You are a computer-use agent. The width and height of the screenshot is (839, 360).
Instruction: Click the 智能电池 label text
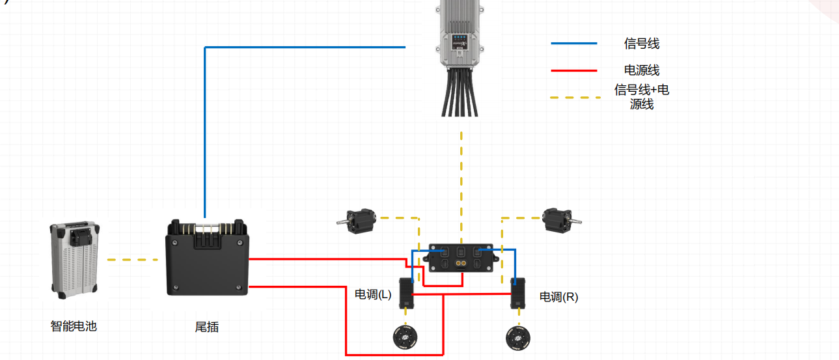(x=74, y=326)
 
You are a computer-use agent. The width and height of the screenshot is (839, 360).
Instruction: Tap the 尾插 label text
(x=206, y=327)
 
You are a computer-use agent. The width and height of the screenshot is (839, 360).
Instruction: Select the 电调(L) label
(x=373, y=294)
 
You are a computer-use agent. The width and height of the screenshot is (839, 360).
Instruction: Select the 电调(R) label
(x=558, y=297)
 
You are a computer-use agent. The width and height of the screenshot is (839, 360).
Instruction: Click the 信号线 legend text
(x=641, y=44)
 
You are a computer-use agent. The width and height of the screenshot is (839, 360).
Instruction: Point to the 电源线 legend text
(x=641, y=70)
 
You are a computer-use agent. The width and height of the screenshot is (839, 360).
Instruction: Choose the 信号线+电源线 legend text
(x=641, y=96)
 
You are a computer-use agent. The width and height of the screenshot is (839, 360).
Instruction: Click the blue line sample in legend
(x=573, y=44)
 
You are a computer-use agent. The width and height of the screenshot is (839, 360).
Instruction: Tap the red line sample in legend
(x=573, y=70)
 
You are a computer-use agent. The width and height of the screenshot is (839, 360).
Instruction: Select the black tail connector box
(x=208, y=259)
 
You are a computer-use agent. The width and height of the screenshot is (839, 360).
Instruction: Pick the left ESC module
(x=407, y=295)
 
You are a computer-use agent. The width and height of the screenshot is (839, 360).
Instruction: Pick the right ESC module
(x=518, y=295)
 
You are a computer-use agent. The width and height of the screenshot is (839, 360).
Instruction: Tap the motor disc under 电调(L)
(x=407, y=338)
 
